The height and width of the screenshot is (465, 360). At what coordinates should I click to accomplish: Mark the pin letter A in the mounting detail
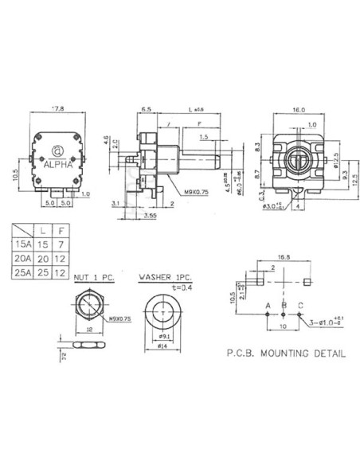268,306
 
